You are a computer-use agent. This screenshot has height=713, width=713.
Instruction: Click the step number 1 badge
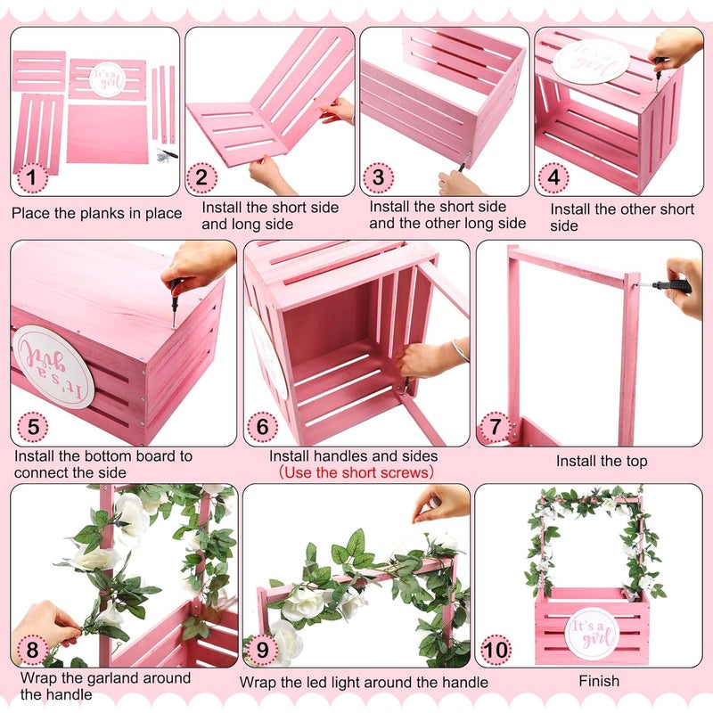[x=32, y=178]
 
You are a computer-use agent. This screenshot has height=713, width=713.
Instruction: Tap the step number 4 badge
[x=554, y=177]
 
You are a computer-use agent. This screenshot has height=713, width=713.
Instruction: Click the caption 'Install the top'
[x=602, y=462]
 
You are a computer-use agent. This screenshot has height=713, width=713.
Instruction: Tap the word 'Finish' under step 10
[x=599, y=682]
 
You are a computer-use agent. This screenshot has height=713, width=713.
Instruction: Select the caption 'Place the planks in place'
[x=96, y=213]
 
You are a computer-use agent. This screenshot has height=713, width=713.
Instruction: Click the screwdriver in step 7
[x=673, y=286]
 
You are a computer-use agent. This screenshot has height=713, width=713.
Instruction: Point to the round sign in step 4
[x=591, y=59]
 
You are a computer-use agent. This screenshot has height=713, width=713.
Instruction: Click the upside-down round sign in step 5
[x=53, y=366]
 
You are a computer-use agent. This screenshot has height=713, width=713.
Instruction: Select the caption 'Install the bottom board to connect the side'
[x=102, y=463]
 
